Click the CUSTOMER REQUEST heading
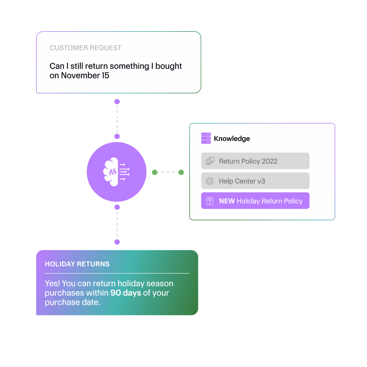point(85,48)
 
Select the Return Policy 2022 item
point(255,161)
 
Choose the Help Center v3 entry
point(255,181)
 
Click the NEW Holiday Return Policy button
point(255,201)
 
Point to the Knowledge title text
point(232,138)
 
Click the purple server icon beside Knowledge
point(206,138)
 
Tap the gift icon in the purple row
point(210,201)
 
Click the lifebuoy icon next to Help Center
point(210,181)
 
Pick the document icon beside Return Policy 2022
point(210,161)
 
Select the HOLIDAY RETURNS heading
point(77,264)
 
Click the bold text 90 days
point(126,293)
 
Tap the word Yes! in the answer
point(52,284)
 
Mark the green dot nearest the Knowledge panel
point(181,172)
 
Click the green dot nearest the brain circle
point(155,172)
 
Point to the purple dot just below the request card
point(117,102)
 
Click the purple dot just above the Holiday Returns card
point(117,242)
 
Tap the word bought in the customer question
point(169,66)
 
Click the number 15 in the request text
point(106,75)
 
